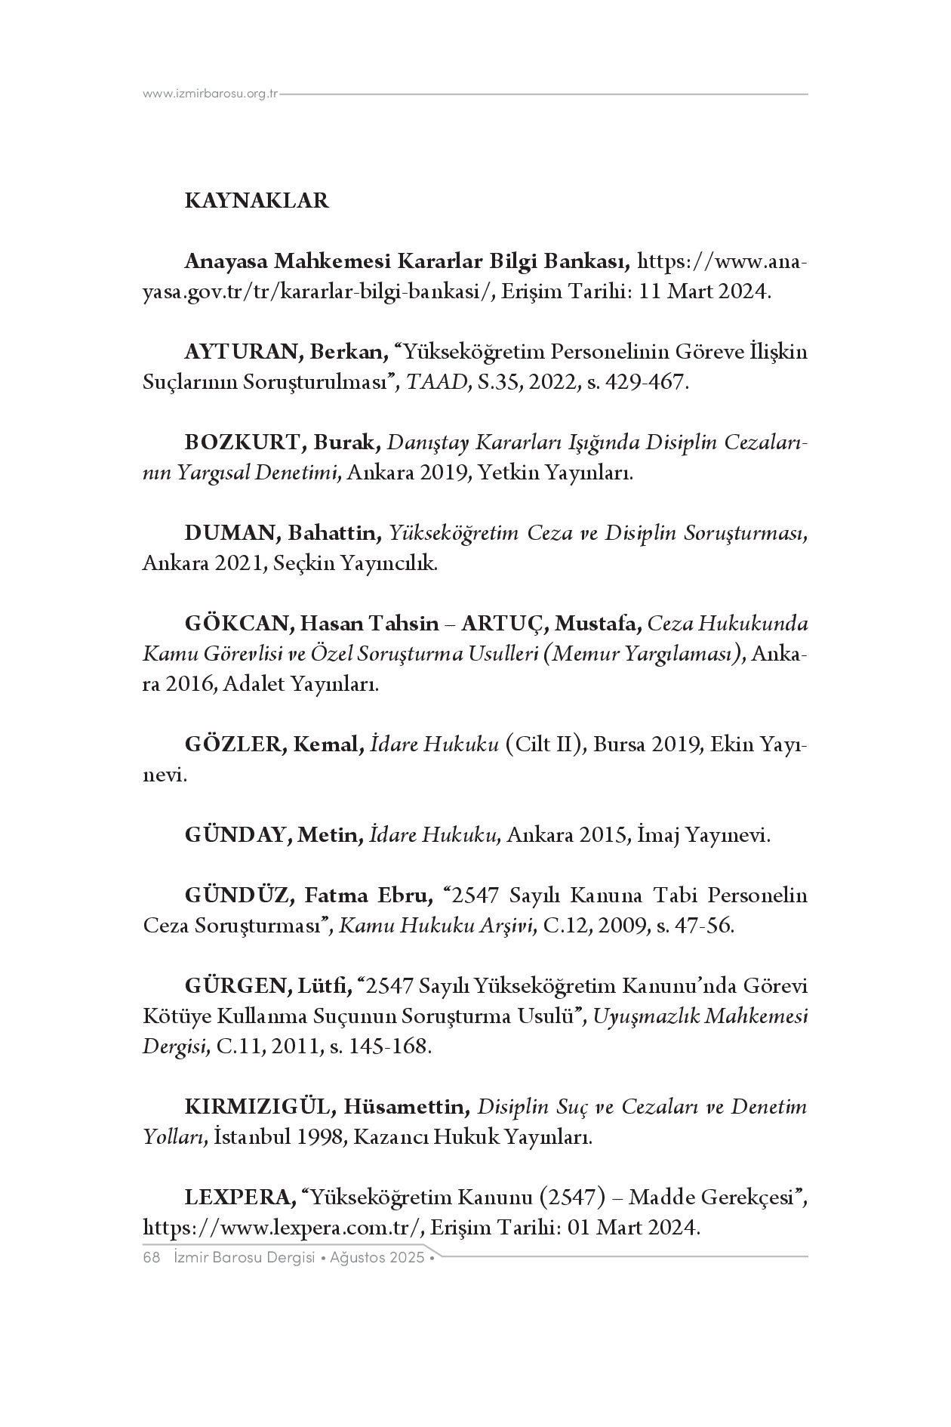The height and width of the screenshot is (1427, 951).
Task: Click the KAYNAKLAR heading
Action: (x=257, y=202)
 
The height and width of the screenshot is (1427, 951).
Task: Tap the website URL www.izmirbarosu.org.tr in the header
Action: (x=211, y=94)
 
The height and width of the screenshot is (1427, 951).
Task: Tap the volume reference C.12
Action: (x=565, y=926)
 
